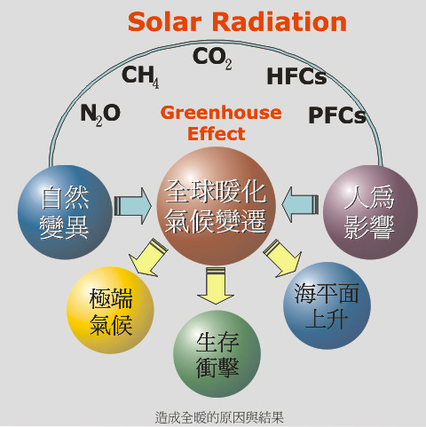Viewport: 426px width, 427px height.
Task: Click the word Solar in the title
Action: [164, 21]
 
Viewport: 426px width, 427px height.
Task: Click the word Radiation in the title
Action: [280, 21]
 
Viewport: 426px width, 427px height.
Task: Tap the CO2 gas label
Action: [212, 59]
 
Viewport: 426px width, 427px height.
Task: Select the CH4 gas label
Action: [140, 76]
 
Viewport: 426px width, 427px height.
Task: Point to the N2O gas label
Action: [100, 115]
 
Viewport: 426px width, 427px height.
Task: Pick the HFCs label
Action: [296, 76]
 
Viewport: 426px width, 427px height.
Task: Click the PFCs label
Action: [337, 115]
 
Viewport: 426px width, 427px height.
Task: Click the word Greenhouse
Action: [221, 113]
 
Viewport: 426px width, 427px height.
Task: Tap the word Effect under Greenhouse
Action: [217, 133]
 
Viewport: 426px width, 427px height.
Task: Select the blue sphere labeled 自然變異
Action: [65, 212]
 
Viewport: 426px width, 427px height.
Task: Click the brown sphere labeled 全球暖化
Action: [217, 206]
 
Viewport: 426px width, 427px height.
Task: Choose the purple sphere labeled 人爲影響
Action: [370, 212]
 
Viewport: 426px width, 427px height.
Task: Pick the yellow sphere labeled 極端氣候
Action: [110, 310]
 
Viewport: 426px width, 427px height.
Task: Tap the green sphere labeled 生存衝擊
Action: [217, 354]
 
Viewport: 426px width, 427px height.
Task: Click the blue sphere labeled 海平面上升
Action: [327, 305]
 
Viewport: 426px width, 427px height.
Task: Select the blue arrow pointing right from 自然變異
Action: [133, 206]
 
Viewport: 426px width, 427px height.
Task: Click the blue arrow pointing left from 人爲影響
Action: [300, 204]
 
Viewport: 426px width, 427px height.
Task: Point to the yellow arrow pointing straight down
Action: [216, 285]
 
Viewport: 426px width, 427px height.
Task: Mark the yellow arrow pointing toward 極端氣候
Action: [148, 257]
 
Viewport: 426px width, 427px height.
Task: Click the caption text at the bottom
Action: [219, 417]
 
